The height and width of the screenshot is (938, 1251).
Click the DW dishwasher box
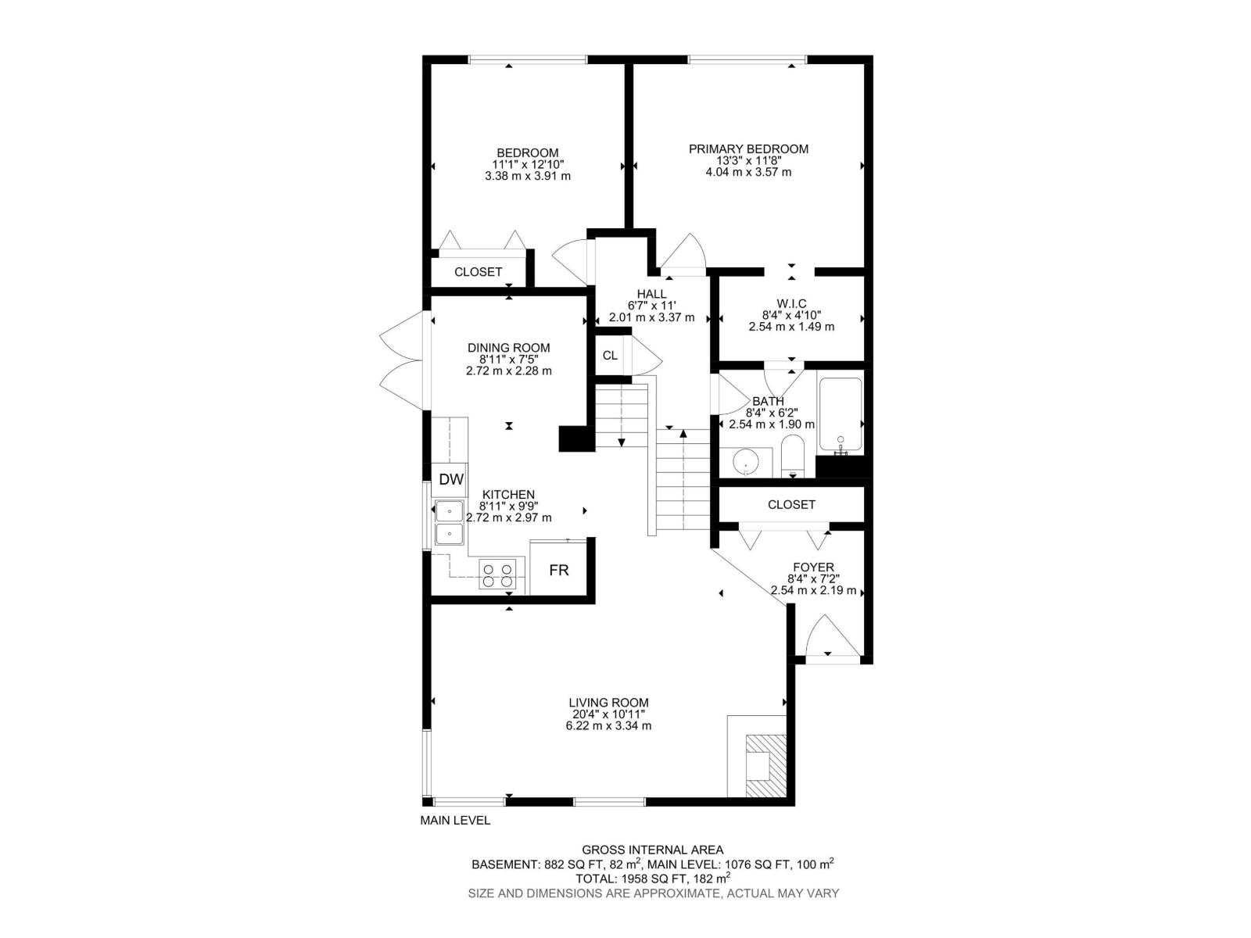[450, 479]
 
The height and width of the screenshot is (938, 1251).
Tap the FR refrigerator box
[558, 570]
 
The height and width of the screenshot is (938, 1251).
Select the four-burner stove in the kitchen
[498, 575]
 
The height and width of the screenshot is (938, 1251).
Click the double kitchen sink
[449, 523]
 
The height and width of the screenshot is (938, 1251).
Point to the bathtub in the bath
[840, 415]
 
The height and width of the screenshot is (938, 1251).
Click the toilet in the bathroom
[793, 456]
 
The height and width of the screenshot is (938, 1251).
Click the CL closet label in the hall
[610, 355]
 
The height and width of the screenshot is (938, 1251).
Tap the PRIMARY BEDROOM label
[748, 149]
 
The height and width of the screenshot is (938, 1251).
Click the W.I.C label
[791, 303]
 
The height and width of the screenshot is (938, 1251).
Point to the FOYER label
[813, 567]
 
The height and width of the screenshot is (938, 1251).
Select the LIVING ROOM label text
[608, 703]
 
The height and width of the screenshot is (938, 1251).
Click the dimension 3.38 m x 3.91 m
[528, 176]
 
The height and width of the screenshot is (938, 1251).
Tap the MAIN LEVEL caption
[455, 820]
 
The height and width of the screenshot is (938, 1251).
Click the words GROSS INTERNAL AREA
[652, 850]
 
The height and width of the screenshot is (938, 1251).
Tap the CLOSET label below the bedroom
[478, 272]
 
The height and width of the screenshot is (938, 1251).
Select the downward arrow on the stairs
[622, 442]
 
